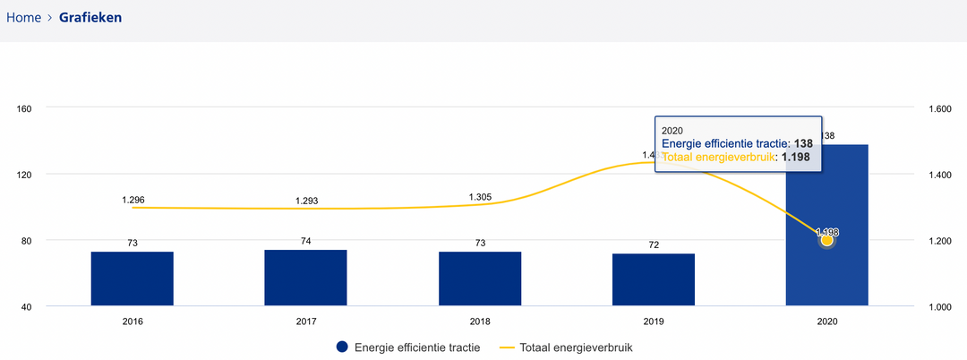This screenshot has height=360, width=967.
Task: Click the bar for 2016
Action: (x=133, y=279)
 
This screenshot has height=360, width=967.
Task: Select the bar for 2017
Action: (x=305, y=278)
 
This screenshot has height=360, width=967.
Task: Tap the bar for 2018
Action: (x=480, y=279)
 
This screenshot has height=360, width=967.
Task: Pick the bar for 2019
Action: (x=654, y=279)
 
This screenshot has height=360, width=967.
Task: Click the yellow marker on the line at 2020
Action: (x=827, y=240)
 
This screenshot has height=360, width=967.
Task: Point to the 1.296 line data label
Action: (x=133, y=199)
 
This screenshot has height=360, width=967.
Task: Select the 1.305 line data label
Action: (x=480, y=197)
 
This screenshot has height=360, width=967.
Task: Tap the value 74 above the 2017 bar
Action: (x=306, y=241)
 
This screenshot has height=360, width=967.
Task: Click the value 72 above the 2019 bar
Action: (x=654, y=244)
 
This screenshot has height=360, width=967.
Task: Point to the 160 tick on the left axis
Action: (x=24, y=108)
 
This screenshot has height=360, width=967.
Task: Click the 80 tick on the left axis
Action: (x=27, y=241)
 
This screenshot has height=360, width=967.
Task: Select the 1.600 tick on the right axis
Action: (x=938, y=108)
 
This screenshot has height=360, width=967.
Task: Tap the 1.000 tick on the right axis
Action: (x=938, y=307)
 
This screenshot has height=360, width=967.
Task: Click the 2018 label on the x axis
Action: (x=480, y=321)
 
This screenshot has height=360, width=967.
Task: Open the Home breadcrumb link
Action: (x=23, y=17)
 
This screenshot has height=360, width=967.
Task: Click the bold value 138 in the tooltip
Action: (x=802, y=143)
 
